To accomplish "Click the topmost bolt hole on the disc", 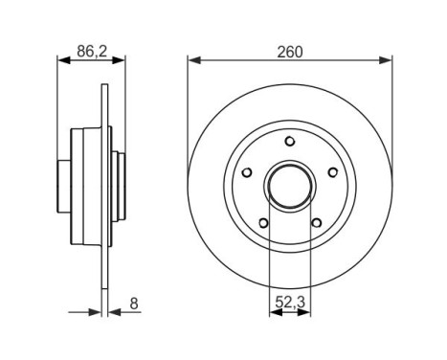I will pyautogui.click(x=290, y=143).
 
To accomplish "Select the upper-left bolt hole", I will pyautogui.click(x=247, y=173).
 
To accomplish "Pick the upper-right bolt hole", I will pyautogui.click(x=332, y=173).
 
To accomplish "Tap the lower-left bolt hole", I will pyautogui.click(x=263, y=224).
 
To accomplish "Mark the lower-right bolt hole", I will pyautogui.click(x=316, y=224).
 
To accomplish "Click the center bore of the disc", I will pyautogui.click(x=290, y=187).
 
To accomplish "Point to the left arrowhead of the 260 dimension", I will pyautogui.click(x=192, y=62).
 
